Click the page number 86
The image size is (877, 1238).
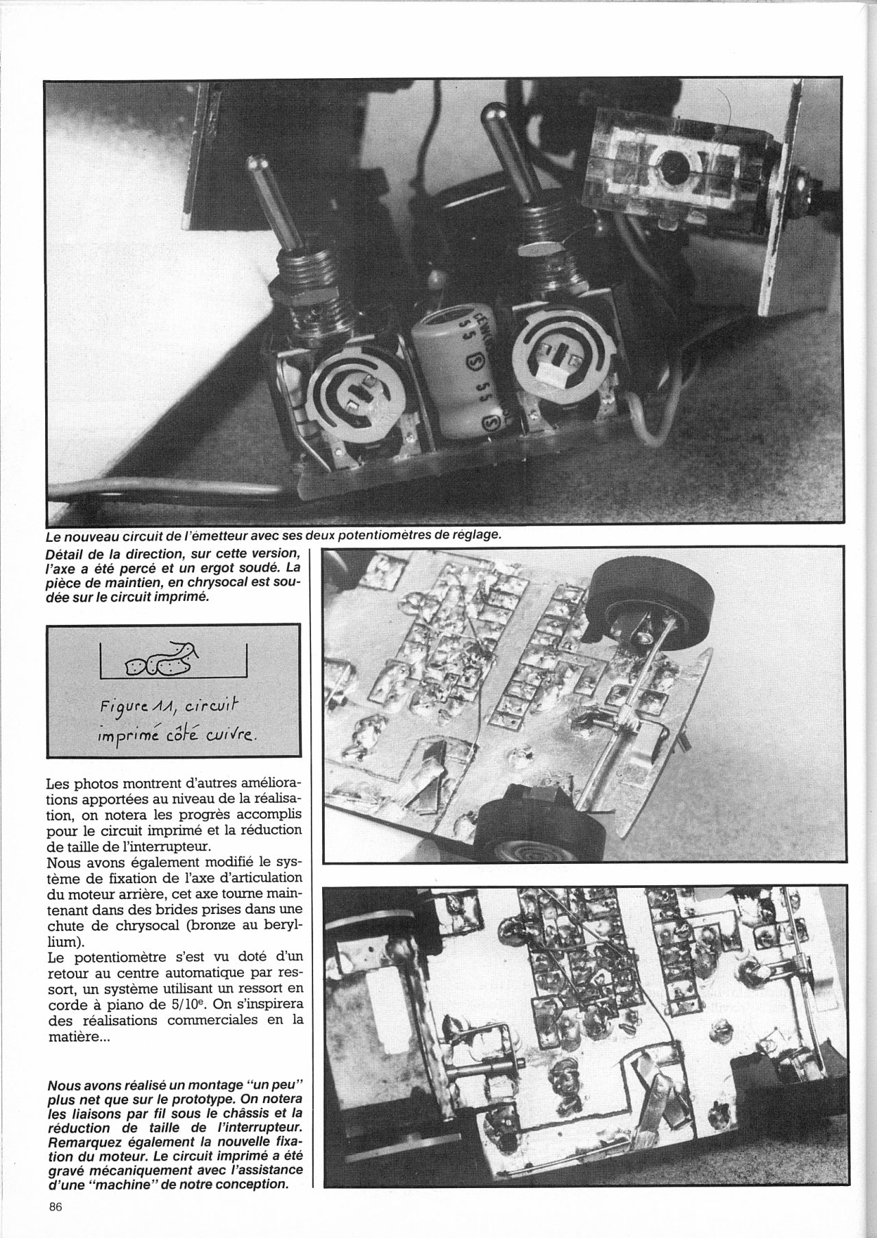click(55, 1208)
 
